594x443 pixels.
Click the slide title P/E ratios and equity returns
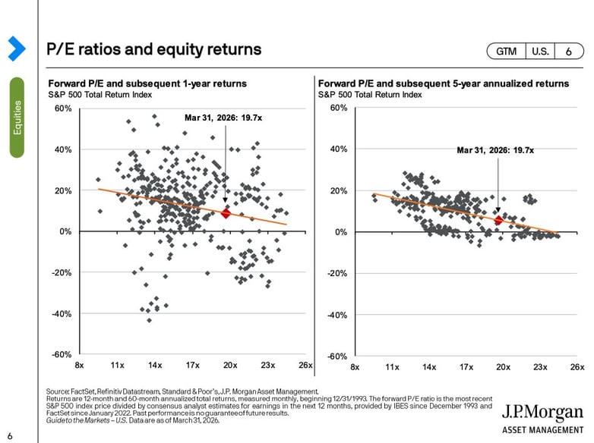[154, 49]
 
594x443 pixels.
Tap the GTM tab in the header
[507, 51]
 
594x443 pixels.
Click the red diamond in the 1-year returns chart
[226, 214]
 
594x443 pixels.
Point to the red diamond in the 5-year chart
[498, 220]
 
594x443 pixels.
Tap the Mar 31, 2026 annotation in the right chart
[495, 150]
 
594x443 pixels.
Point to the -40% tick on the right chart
[338, 314]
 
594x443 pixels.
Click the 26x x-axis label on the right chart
[577, 367]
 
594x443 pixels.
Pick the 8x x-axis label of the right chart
[355, 367]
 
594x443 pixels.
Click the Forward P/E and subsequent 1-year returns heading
[147, 83]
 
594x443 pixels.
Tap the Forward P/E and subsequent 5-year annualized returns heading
[443, 83]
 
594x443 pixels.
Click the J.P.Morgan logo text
[543, 413]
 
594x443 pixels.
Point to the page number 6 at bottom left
[11, 436]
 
